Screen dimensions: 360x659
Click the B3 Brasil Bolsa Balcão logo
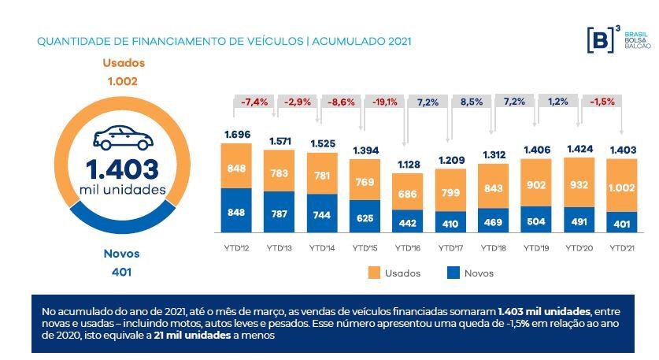617,40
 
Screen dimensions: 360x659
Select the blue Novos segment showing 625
365,217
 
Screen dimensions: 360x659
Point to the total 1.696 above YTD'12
237,135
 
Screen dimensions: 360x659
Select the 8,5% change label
450,102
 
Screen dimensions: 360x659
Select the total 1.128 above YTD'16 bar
408,165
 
